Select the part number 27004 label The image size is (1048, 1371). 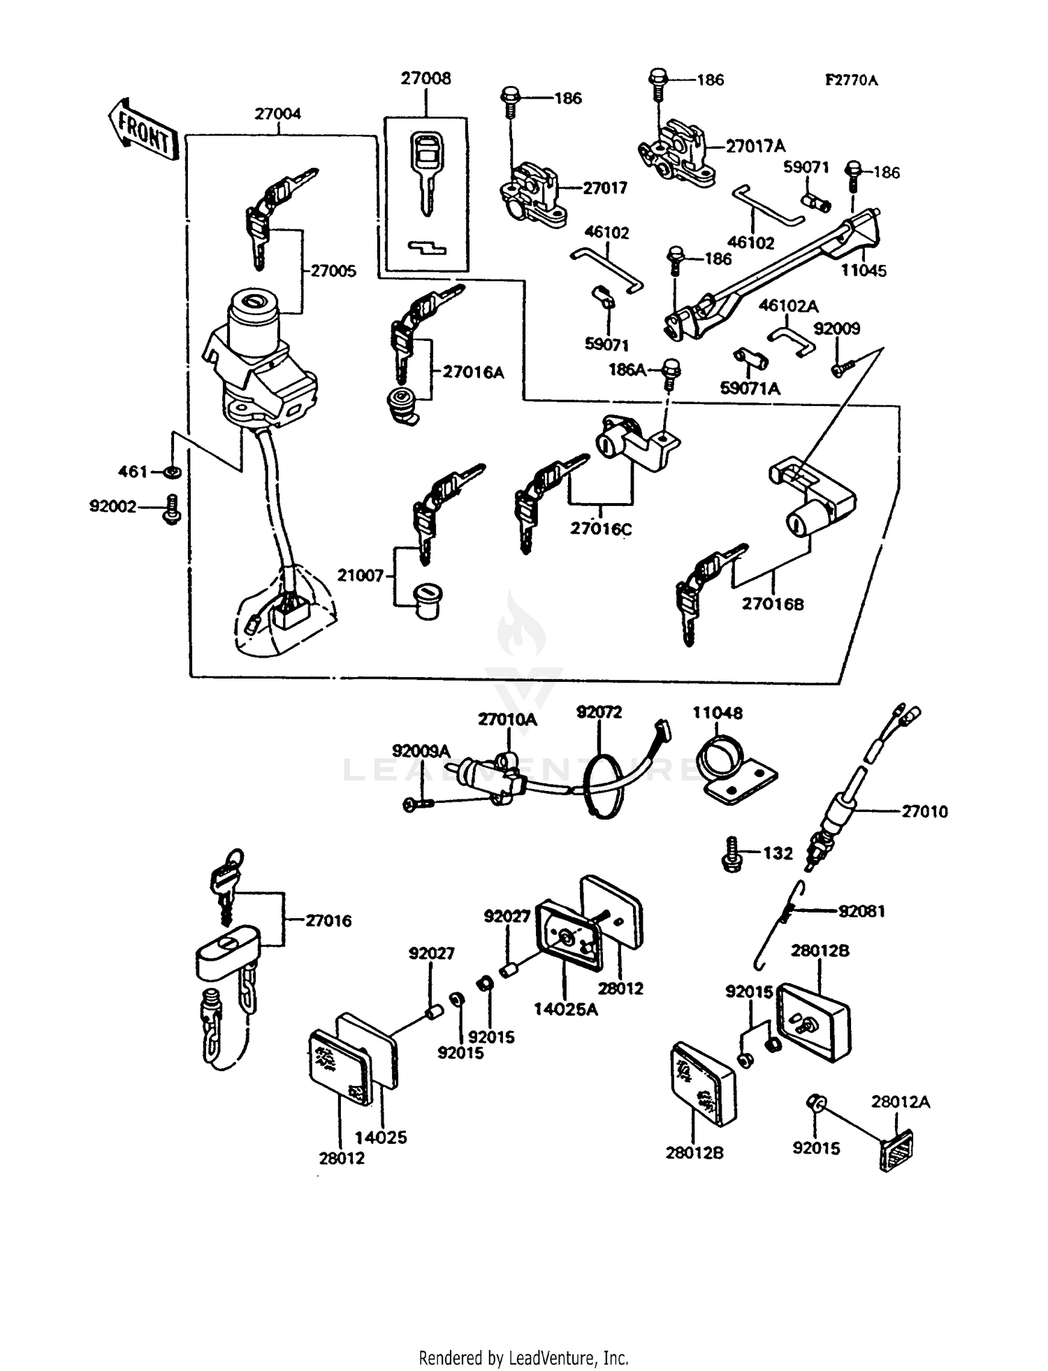coord(277,114)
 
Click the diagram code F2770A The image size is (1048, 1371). coord(851,80)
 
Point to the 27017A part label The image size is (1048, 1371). coord(755,146)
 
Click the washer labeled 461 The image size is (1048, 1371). coord(172,473)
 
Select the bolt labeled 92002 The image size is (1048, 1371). coord(172,509)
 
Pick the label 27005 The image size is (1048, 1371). coord(333,271)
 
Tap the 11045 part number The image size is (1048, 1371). coord(864,271)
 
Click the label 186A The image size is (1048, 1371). coord(627,370)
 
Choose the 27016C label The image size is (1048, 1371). coord(600,529)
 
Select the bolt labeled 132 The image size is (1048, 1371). coord(732,853)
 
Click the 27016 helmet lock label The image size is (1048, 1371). coord(328,921)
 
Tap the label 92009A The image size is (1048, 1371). coord(421,751)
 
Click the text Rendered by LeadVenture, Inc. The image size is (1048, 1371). coord(523,1358)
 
